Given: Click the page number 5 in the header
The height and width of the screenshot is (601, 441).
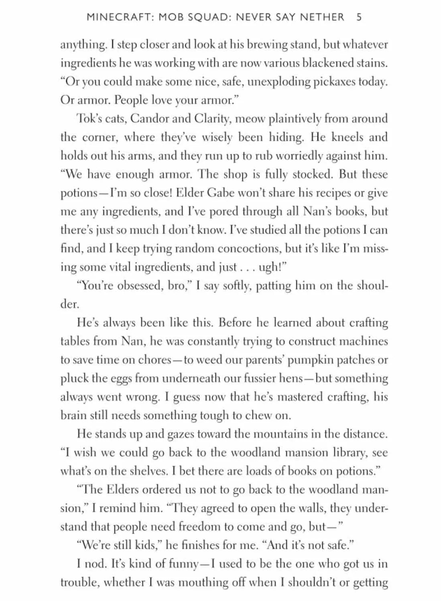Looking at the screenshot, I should click(x=359, y=17).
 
